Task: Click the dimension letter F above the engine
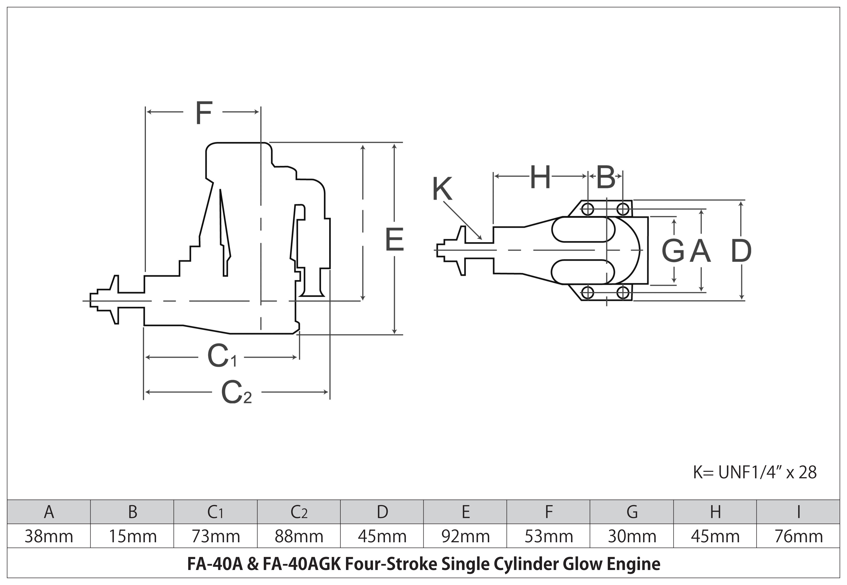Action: point(204,113)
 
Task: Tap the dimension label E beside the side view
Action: point(395,240)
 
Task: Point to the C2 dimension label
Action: point(237,392)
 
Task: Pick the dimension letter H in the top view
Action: point(540,177)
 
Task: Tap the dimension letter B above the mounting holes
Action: point(606,177)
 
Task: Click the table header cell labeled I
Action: point(798,512)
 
